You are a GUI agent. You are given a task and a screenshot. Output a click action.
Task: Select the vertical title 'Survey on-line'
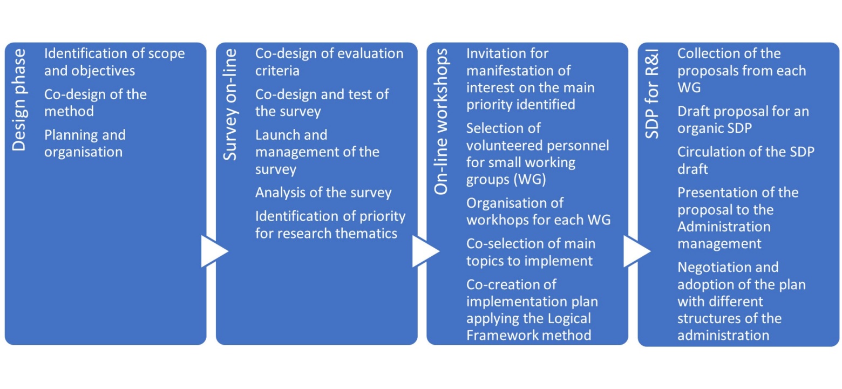point(230,105)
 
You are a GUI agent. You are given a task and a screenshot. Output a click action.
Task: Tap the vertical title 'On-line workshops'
point(441,122)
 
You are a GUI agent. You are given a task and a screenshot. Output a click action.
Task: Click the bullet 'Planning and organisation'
point(84,144)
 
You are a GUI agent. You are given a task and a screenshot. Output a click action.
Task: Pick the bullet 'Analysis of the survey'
point(323,193)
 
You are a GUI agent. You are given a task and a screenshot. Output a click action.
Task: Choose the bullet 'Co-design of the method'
point(95,103)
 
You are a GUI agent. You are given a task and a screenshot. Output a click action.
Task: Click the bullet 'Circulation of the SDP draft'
point(745,160)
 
